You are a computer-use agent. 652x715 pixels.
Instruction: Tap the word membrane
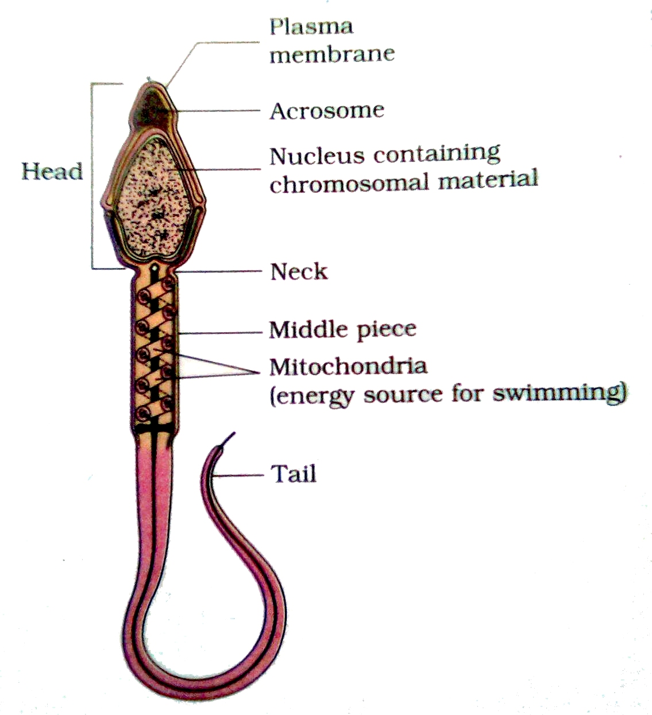tap(332, 55)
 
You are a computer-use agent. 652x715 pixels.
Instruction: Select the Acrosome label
tap(327, 111)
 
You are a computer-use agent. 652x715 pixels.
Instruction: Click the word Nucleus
tap(317, 156)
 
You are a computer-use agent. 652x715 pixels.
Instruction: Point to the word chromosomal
tap(349, 184)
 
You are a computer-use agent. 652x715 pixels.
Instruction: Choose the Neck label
tap(299, 271)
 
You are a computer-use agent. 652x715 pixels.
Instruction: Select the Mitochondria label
tap(348, 366)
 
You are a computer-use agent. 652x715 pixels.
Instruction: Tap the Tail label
tap(294, 474)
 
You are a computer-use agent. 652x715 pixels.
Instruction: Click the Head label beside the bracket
tap(52, 171)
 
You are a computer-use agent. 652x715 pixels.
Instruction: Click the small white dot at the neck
tap(155, 267)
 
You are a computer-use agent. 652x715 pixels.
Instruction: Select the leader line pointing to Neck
tap(221, 270)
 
